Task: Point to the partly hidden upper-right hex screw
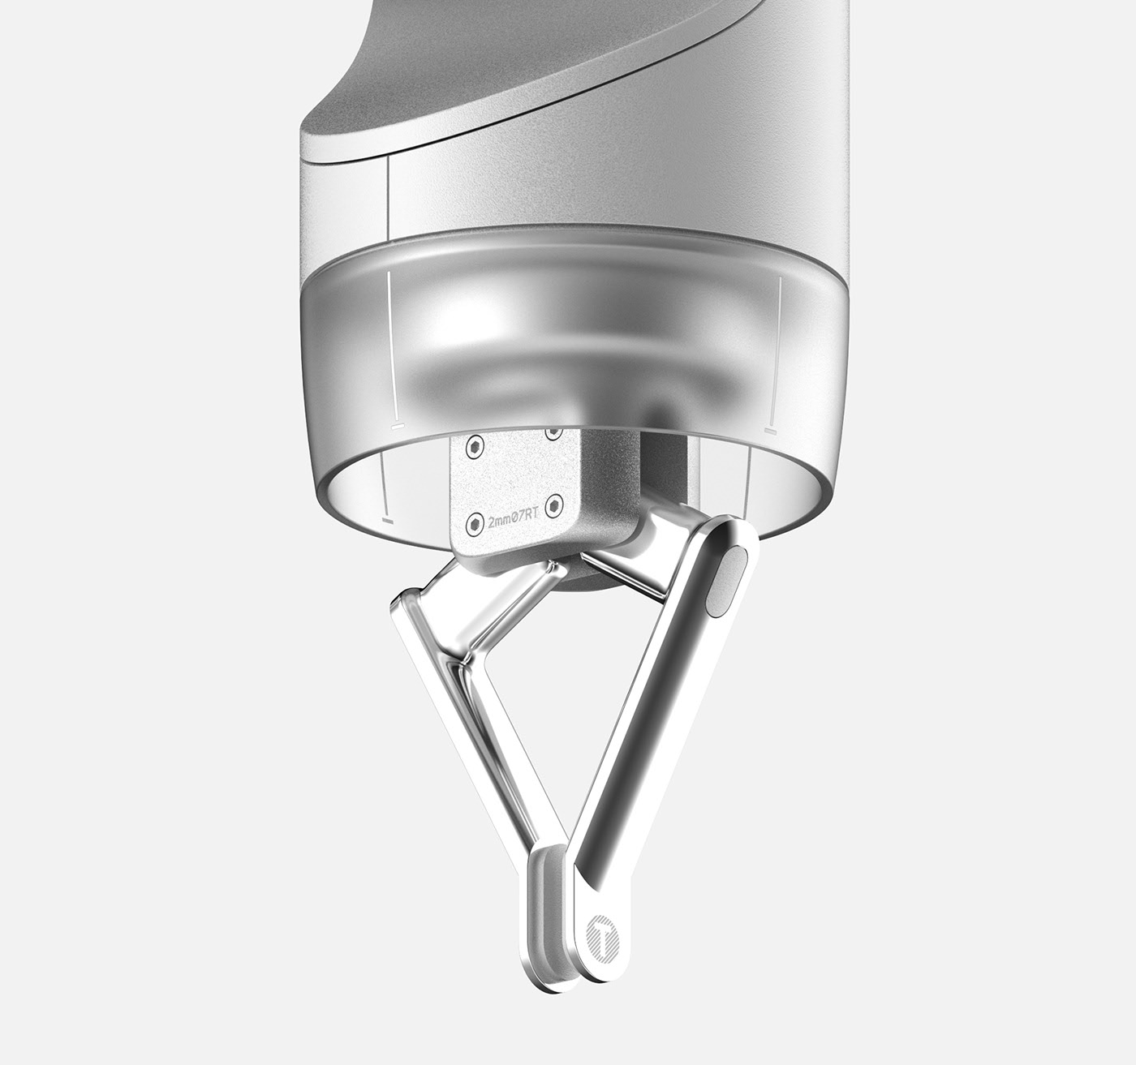[553, 433]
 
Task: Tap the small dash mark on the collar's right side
[770, 432]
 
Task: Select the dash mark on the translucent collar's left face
[398, 424]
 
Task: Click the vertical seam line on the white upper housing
[389, 195]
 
